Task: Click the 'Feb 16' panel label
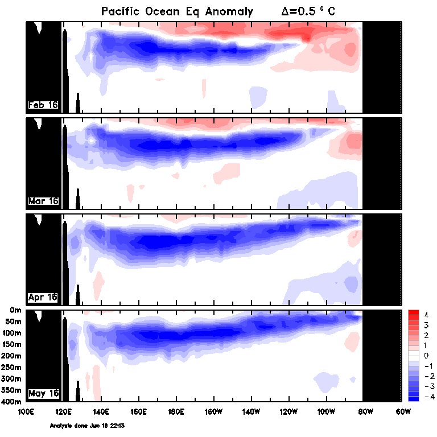click(x=43, y=105)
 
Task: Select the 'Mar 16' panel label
click(x=43, y=201)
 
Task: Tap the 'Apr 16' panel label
click(x=43, y=297)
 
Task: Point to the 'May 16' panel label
click(x=43, y=393)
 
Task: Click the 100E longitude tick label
click(x=26, y=411)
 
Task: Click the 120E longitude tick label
click(x=63, y=411)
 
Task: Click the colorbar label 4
click(x=426, y=315)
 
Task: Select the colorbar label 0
click(x=426, y=356)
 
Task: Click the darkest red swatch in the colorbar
click(x=414, y=314)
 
